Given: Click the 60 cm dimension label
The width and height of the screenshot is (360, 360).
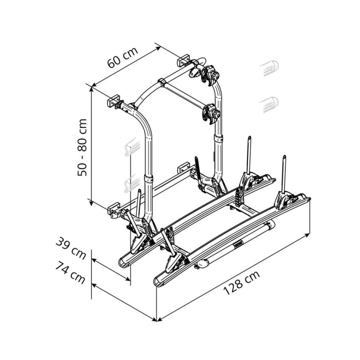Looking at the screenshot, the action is pos(123,58).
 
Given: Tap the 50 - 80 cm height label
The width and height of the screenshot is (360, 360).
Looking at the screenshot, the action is pos(82,148).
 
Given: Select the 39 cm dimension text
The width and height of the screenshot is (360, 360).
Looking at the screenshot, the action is pos(71,248).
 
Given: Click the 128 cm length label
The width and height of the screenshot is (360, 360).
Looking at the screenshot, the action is pos(242,283).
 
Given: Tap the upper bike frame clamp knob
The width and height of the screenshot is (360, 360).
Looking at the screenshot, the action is pos(215,75).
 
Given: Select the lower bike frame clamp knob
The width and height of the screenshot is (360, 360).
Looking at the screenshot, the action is pos(216,113).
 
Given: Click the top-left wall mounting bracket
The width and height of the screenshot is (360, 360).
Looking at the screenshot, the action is pos(114,101).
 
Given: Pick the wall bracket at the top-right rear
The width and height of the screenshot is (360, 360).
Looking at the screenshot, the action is pos(183,60).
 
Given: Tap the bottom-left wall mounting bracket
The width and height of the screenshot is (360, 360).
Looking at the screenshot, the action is pos(114,208).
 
